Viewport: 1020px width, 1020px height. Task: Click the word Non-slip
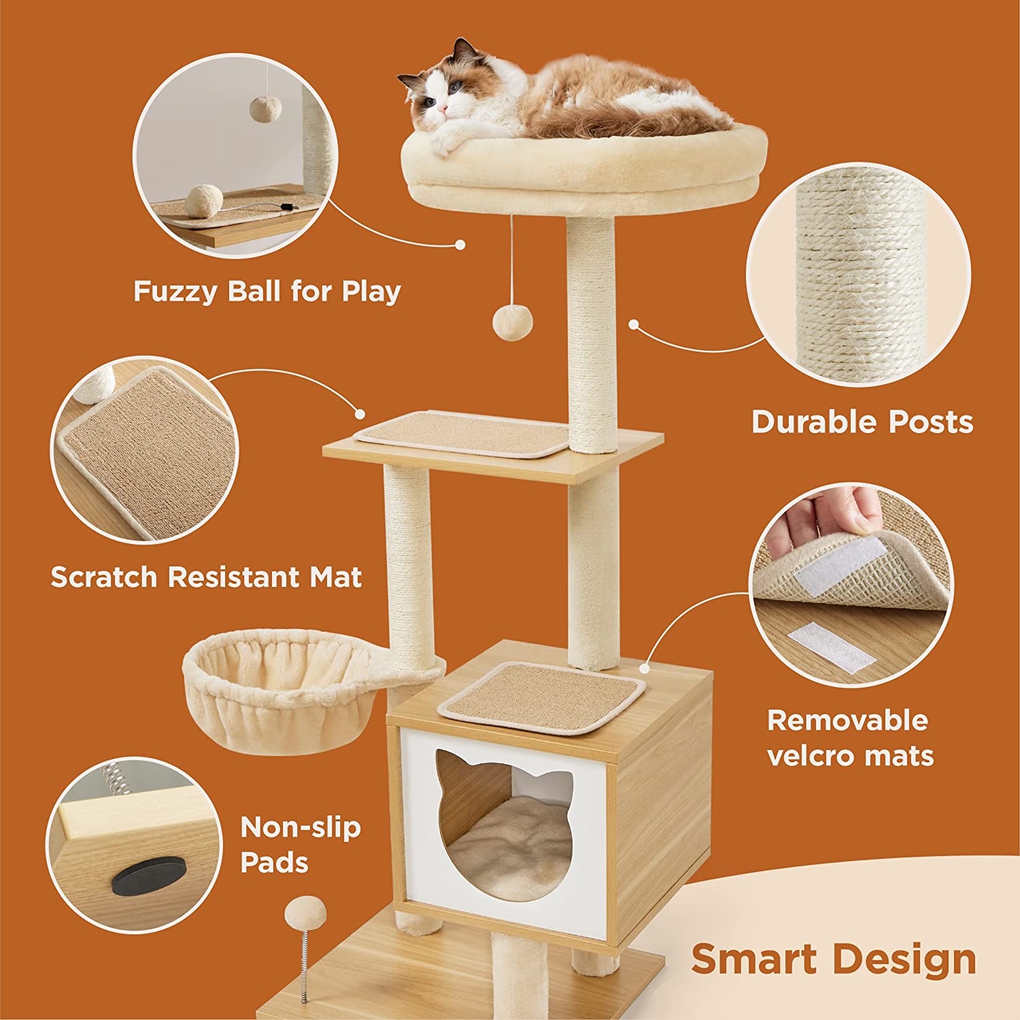[300, 828]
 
